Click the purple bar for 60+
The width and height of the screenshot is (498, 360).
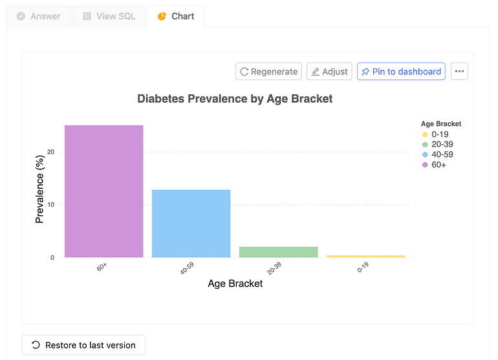click(x=103, y=191)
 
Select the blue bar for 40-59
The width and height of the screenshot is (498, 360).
click(x=191, y=223)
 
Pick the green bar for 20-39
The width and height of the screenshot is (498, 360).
click(x=278, y=252)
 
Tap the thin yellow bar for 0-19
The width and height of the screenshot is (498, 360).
click(x=365, y=257)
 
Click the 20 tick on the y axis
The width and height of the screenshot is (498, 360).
click(x=51, y=153)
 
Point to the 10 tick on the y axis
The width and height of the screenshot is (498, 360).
click(x=51, y=205)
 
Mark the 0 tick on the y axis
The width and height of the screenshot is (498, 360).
click(x=52, y=258)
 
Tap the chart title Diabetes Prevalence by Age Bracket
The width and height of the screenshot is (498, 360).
click(x=235, y=99)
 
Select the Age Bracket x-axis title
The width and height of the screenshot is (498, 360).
click(x=235, y=284)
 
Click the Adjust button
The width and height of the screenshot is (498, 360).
click(x=329, y=72)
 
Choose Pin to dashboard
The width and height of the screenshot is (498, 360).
click(x=401, y=72)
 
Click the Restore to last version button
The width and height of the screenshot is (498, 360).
click(x=83, y=345)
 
